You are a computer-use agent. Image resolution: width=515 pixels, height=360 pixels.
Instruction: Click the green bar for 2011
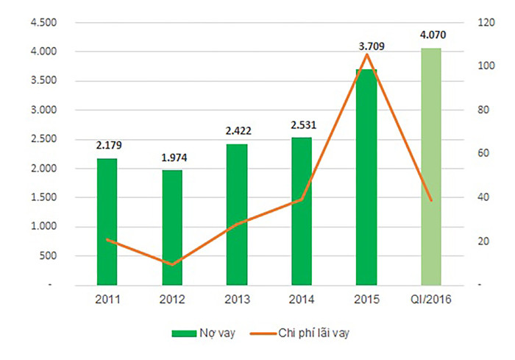[107, 221]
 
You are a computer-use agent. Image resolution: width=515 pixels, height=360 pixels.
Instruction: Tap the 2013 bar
[237, 213]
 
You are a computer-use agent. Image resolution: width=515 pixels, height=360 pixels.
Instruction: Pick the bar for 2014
[302, 211]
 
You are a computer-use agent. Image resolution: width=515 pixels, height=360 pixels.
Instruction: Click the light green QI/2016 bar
[431, 166]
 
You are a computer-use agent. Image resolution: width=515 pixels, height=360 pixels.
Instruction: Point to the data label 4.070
[433, 35]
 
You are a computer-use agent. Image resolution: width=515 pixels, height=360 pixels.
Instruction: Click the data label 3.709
[371, 46]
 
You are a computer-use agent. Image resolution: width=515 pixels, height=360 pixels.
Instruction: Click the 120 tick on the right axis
[483, 22]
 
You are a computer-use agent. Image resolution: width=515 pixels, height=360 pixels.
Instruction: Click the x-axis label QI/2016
[431, 300]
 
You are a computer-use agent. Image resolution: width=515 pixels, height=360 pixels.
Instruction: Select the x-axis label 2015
[366, 300]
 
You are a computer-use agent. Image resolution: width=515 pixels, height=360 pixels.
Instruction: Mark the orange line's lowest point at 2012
[172, 264]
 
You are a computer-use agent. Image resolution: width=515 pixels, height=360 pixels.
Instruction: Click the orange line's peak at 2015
[366, 54]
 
